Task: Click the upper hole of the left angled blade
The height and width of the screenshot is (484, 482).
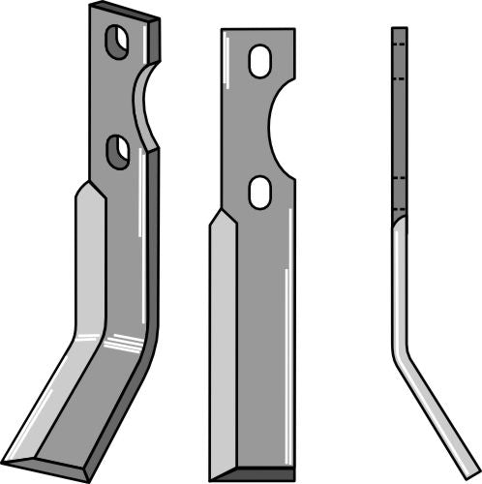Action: tap(116, 43)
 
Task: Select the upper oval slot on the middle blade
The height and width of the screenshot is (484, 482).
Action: tap(259, 61)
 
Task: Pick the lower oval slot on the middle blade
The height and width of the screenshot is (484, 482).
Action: tap(259, 191)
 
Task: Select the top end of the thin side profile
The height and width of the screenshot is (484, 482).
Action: tap(398, 30)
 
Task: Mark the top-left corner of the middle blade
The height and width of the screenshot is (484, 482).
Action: tap(222, 31)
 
